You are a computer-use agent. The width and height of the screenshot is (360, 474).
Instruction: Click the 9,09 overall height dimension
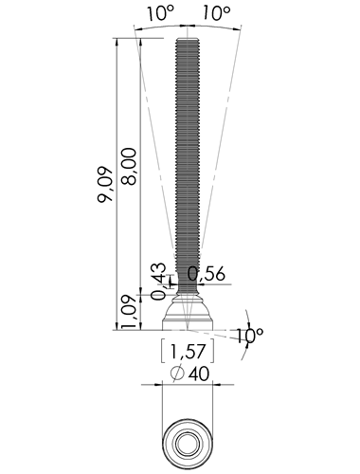(105, 184)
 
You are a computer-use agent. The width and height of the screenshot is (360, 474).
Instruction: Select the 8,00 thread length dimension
(129, 166)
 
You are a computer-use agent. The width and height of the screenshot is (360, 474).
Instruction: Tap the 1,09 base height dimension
(129, 312)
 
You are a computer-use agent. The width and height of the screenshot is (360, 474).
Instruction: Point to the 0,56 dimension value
(207, 274)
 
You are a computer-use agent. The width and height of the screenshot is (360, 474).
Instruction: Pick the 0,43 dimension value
(158, 282)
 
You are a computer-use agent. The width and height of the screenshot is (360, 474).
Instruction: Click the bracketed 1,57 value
(188, 352)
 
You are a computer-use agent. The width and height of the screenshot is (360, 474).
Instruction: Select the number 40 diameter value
(199, 374)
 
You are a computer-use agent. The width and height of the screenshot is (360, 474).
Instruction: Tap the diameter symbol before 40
(177, 374)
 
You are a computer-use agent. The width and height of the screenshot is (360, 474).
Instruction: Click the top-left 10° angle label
(160, 13)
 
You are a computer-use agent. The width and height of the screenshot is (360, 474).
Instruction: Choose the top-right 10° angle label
(216, 13)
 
